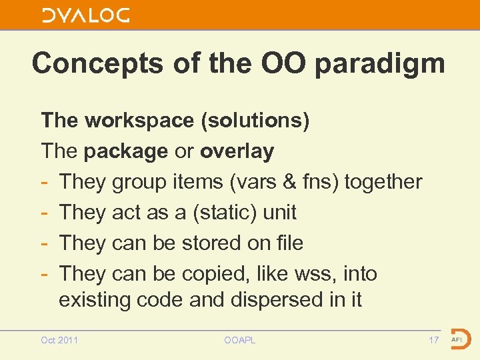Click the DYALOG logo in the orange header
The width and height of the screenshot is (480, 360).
[x=86, y=15]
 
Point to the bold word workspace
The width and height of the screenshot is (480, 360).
[x=140, y=121]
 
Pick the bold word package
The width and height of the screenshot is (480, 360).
[x=126, y=151]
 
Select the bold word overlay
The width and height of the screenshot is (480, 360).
[x=237, y=151]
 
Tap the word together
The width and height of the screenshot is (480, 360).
[x=383, y=182]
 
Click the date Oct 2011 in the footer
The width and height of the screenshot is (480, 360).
[x=59, y=341]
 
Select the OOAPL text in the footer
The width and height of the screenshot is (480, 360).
[x=240, y=341]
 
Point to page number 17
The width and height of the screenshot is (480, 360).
[x=433, y=341]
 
